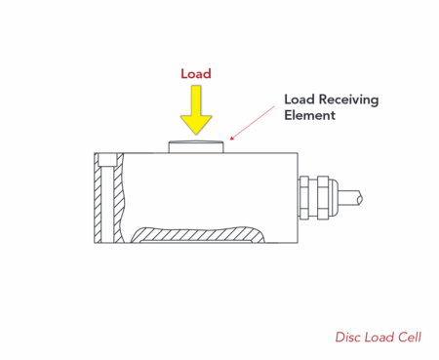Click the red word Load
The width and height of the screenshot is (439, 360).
coord(195,73)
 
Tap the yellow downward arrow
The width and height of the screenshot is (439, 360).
coord(196,110)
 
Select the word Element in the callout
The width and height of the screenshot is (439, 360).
coord(308,115)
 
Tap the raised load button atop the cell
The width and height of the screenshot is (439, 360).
coord(197,147)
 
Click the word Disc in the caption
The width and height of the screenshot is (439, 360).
coord(347,338)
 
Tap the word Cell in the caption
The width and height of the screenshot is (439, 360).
coord(409,338)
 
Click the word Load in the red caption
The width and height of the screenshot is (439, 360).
coord(378,338)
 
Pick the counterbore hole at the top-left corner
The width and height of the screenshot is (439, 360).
coord(107,159)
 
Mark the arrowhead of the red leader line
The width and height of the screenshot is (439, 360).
coord(230,139)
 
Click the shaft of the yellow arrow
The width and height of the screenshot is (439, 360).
coord(196,100)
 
